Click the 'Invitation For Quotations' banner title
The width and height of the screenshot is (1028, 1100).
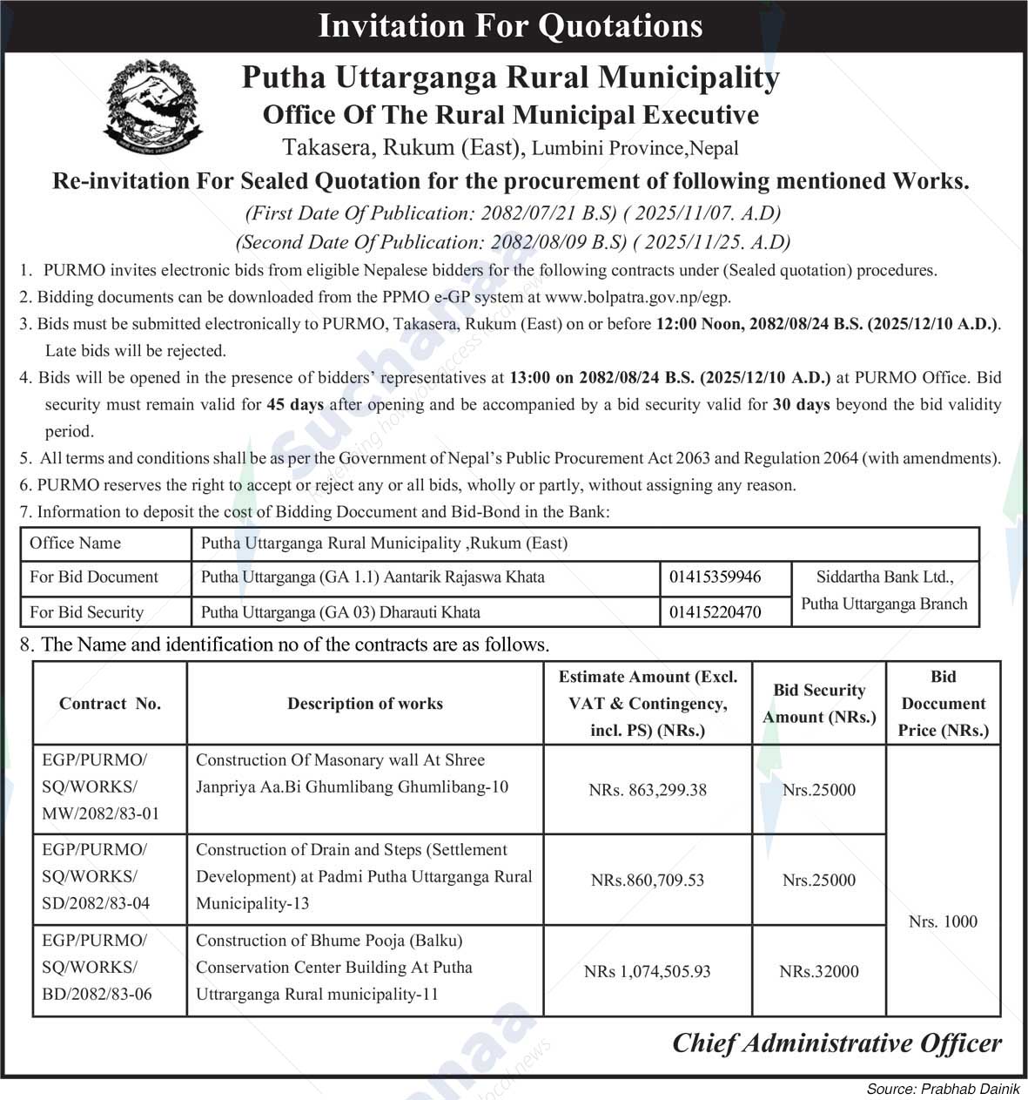pos(510,25)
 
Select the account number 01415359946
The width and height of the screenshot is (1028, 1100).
pos(715,577)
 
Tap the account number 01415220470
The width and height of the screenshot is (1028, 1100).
pos(715,612)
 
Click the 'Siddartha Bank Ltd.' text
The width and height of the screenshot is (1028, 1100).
pos(884,576)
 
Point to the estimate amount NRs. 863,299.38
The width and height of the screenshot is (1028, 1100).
pos(648,790)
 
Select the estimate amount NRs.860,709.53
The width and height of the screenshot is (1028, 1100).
pos(648,880)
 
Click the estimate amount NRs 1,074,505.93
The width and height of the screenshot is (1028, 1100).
pos(648,971)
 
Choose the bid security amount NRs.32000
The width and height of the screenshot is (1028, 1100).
pos(819,971)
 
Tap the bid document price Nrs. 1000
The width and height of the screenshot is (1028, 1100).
pos(943,921)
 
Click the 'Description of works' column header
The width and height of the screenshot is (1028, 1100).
pos(365,704)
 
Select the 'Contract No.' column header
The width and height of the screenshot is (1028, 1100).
pos(110,704)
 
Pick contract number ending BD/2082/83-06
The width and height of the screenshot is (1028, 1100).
pos(97,994)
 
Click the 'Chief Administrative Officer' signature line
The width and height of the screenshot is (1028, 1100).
pos(837,1043)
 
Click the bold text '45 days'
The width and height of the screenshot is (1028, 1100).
pos(295,405)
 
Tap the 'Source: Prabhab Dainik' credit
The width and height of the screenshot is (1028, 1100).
pos(943,1090)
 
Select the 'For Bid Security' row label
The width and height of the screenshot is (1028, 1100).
pos(86,612)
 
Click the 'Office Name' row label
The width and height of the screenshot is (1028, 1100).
pos(75,543)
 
